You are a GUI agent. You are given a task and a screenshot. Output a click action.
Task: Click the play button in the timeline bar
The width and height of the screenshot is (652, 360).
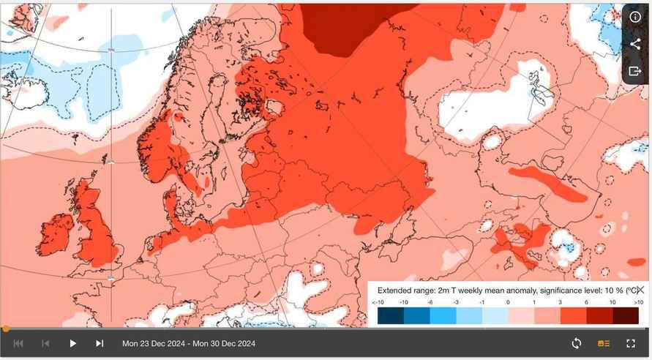[72, 343]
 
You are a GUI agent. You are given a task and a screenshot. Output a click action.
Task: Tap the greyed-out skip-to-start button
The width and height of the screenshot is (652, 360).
[18, 343]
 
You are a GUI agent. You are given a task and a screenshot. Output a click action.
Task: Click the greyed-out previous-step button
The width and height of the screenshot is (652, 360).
[45, 343]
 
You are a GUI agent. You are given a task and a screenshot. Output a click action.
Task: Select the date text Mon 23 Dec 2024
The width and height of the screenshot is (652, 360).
[153, 343]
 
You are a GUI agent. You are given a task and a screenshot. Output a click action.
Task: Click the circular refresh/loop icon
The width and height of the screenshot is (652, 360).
[577, 343]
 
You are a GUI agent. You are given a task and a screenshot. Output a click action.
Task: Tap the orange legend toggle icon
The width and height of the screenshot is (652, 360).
[604, 343]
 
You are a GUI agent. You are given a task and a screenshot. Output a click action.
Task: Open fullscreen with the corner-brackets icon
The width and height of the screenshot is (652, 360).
[631, 343]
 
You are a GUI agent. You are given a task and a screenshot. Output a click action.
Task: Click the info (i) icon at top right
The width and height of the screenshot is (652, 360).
[634, 18]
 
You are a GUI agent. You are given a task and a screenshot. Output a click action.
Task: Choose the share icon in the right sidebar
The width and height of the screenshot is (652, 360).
[634, 45]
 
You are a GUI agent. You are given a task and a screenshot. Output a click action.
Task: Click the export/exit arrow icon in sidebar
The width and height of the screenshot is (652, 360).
[634, 72]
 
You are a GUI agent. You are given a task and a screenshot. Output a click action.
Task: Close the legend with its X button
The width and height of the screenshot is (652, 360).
[640, 290]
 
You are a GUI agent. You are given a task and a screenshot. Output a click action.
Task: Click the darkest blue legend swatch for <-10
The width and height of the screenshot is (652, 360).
[390, 315]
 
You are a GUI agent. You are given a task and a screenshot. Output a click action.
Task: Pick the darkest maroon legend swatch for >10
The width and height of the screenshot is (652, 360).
[626, 315]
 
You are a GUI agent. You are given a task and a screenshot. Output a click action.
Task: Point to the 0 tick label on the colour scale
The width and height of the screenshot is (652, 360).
[508, 302]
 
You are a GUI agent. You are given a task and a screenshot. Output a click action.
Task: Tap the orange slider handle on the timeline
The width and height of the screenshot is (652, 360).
[6, 329]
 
